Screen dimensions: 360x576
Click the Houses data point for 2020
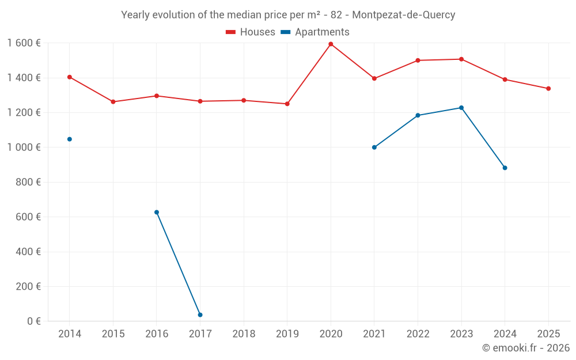pos(331,44)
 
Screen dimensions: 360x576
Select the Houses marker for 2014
pos(70,77)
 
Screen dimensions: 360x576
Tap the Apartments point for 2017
pos(200,314)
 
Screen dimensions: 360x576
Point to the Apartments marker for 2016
pos(157,212)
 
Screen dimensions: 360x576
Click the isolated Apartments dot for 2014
pos(70,139)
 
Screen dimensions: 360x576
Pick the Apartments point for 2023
pos(461,108)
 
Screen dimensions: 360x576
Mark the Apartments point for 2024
pos(505,168)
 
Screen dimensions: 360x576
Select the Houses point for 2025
pos(548,88)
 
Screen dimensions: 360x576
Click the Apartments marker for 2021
pos(374,147)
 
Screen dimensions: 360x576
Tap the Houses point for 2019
pos(287,104)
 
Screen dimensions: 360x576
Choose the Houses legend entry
pos(251,32)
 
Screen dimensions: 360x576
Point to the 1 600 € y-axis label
pos(24,43)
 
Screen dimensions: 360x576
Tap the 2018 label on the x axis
pos(244,334)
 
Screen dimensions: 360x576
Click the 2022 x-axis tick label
pos(418,334)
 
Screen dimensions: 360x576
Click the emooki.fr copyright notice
pos(526,348)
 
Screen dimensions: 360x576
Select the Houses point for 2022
pos(418,60)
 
